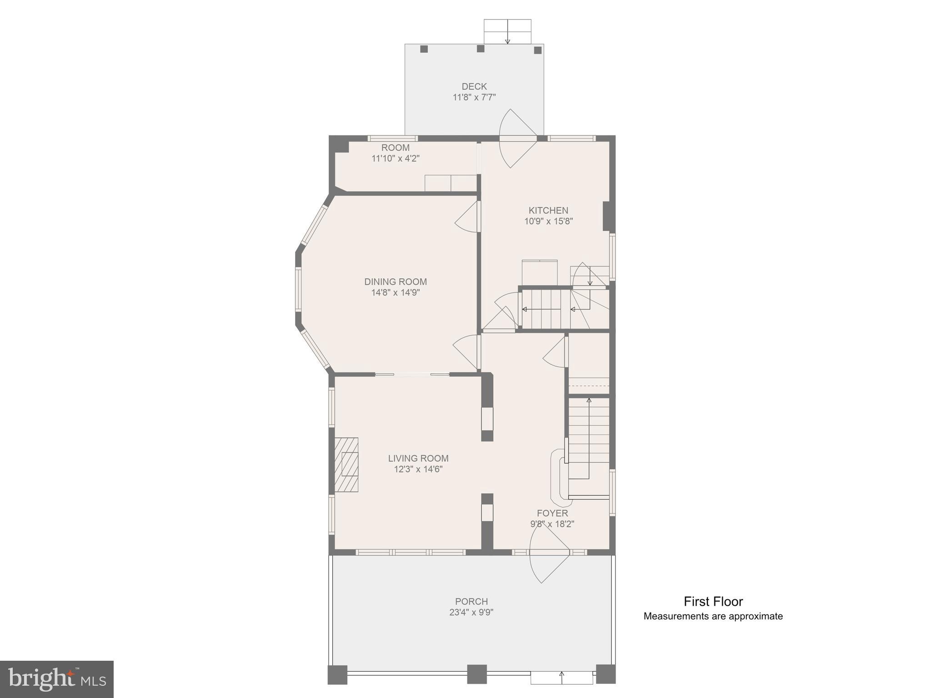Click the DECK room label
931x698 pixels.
(474, 86)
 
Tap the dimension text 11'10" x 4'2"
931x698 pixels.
(395, 159)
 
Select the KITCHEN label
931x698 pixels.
(548, 210)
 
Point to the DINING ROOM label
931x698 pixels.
(395, 282)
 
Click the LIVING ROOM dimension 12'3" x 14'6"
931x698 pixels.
(418, 469)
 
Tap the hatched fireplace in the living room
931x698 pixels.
(346, 464)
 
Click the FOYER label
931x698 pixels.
(552, 513)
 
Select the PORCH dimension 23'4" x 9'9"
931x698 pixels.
(471, 612)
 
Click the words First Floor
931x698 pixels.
(713, 602)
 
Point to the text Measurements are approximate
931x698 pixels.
(713, 617)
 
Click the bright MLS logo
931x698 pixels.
(57, 679)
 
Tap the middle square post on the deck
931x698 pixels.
(481, 49)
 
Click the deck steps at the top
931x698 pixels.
(507, 31)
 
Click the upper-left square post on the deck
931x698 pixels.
(424, 49)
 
